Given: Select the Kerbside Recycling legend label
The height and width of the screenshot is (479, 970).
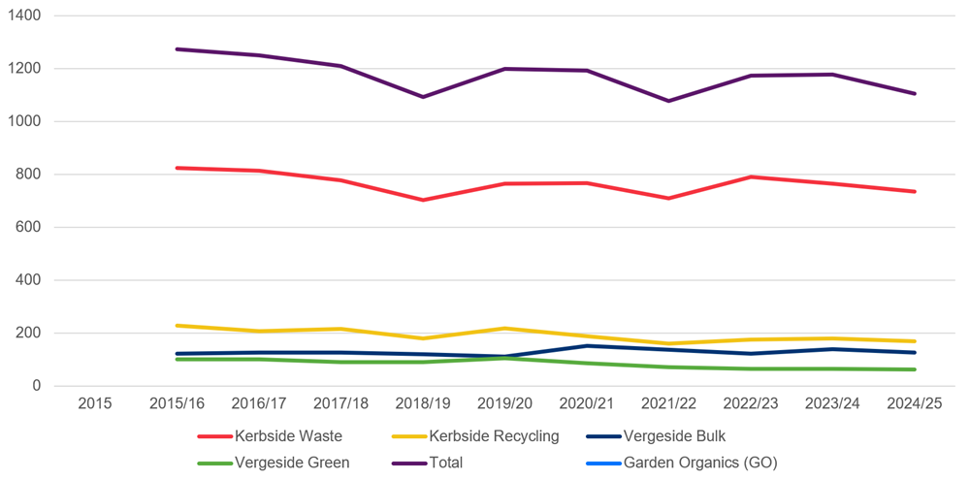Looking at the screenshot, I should point(494,436).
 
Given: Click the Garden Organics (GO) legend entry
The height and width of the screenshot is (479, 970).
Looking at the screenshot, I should point(700,463).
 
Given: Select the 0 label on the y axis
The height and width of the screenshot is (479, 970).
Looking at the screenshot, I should point(37,386).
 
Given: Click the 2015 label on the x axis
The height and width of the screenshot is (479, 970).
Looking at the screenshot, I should point(94,402).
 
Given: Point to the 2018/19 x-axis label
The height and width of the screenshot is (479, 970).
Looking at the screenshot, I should point(423,402).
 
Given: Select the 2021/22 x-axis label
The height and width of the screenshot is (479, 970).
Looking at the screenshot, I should point(669,402).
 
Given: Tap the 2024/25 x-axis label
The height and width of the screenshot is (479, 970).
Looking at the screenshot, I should point(915,402).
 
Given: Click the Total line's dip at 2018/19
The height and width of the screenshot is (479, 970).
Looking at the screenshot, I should point(423,97).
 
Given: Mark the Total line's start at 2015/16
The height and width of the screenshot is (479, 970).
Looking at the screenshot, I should point(178,49).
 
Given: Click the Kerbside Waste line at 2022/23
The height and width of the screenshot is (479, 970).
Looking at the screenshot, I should point(751,176).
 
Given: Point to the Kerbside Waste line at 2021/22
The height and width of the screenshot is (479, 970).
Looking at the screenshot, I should point(669,198).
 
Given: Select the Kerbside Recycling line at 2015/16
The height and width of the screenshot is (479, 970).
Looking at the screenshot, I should point(178,326).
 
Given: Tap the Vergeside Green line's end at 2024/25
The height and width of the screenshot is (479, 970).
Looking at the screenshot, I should point(915,369).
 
